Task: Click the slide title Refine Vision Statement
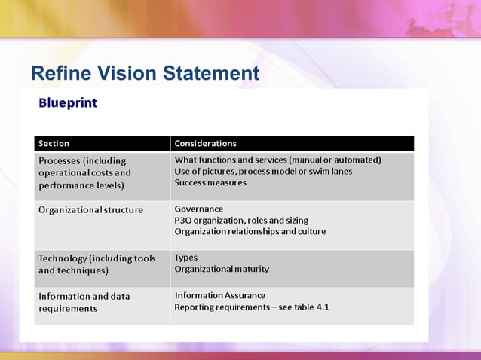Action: point(145,74)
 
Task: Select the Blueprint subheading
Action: point(68,102)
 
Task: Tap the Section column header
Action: point(54,143)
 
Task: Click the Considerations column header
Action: point(205,143)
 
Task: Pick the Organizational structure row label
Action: point(90,209)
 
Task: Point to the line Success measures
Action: point(210,182)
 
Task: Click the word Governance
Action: point(199,209)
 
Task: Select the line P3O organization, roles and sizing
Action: point(241,220)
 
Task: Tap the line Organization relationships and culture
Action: point(250,231)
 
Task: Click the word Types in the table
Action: point(185,258)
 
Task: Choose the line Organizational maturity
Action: point(222,269)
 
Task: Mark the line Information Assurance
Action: point(219,295)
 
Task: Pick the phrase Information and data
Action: point(84,296)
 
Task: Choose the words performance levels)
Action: point(81,185)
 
